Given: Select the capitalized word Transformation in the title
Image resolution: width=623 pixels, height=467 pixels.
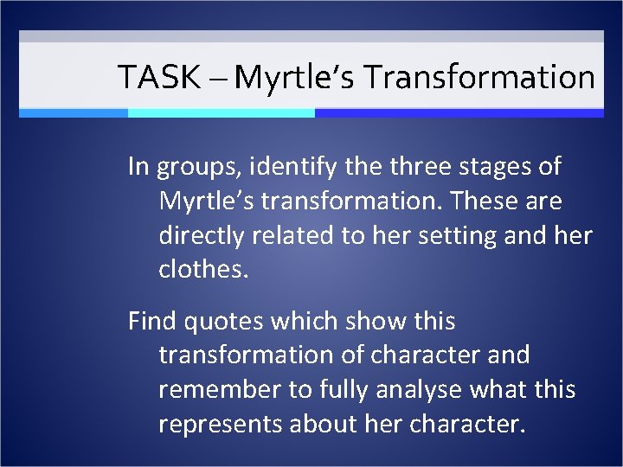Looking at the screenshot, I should click(x=479, y=78).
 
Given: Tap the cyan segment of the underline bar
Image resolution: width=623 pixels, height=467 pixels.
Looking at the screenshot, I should click(x=221, y=112).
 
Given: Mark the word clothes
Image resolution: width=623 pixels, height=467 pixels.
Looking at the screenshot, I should click(x=202, y=270).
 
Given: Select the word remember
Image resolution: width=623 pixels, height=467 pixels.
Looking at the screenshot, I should click(x=220, y=390).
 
